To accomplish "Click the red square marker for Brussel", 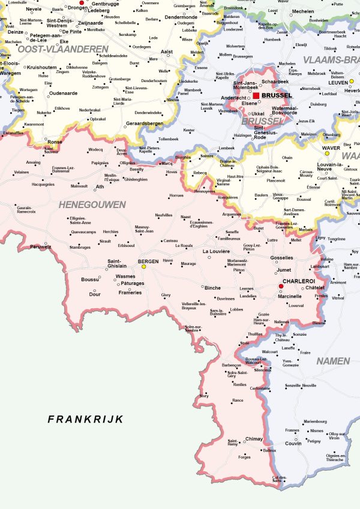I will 256,95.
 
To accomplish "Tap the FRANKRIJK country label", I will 85,419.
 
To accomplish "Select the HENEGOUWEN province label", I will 92,205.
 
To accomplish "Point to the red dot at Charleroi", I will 280,287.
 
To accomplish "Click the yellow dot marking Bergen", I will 143,267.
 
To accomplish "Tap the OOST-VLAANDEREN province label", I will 63,49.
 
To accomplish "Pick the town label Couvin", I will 293,444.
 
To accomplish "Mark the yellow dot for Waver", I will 327,153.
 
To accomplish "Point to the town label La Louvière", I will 217,251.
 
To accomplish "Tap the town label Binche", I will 212,288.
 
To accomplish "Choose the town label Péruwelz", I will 40,246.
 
